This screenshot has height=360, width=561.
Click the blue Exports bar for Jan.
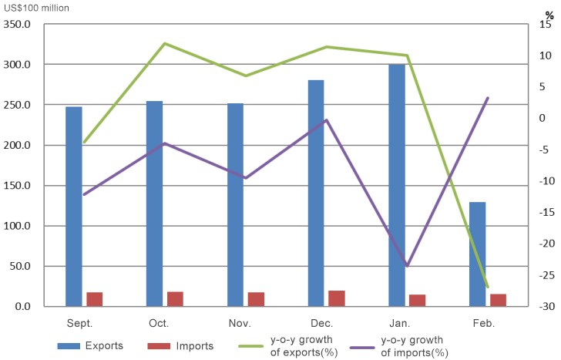point(397,185)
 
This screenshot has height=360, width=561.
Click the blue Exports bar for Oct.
point(154,204)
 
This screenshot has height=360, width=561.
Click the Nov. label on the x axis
point(239,322)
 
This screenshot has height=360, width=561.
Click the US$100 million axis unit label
point(36,8)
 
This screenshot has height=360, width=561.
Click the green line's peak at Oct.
point(165,43)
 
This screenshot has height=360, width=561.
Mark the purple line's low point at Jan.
point(407,265)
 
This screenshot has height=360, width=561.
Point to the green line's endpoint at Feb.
point(488,287)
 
